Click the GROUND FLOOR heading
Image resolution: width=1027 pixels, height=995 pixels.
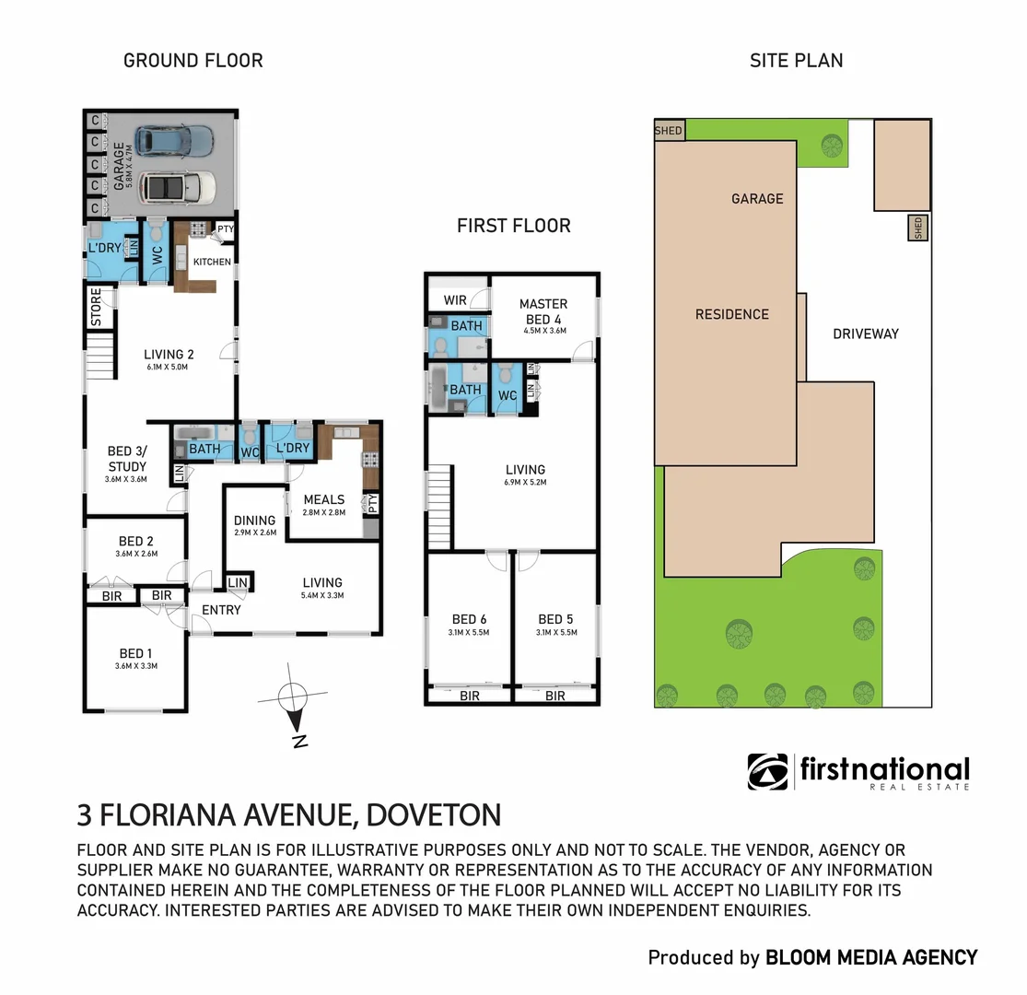(x=193, y=61)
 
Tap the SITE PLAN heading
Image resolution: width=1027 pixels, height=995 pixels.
(x=796, y=61)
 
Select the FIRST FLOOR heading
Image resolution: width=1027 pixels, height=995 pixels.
(x=513, y=226)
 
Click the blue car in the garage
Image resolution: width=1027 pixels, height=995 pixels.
(x=173, y=141)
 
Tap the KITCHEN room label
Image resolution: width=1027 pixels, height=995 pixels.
(x=212, y=263)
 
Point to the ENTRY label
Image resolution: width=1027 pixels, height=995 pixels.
(x=221, y=610)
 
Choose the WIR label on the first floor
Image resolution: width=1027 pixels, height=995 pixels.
(x=454, y=300)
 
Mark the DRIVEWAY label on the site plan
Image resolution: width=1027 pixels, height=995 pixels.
(x=865, y=334)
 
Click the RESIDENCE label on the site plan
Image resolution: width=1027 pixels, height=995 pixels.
(x=731, y=314)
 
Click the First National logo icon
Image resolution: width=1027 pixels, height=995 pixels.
(x=767, y=771)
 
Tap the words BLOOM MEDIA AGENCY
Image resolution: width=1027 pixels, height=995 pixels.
(x=871, y=958)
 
